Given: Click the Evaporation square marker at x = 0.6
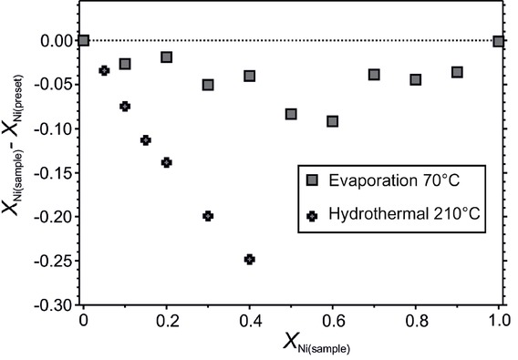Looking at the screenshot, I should coord(333,121).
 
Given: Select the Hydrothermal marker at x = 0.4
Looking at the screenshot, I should coord(250,259).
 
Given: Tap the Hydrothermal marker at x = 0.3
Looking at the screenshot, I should coord(208,216).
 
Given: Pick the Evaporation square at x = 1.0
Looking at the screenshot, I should coord(498,41).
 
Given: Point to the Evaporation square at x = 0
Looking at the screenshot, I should coord(84,40).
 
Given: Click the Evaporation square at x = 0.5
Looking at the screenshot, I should coord(291,114).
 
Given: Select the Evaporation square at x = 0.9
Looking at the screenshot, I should coord(457,72).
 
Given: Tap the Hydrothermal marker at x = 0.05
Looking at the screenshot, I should coord(104,70).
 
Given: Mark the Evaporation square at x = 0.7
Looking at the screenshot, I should coord(374,75).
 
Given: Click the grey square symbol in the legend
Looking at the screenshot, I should coord(313,179).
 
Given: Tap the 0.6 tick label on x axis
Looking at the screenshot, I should coord(333,320).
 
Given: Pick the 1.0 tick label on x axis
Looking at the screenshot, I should coord(499,320).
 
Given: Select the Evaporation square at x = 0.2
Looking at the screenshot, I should coord(167,57).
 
